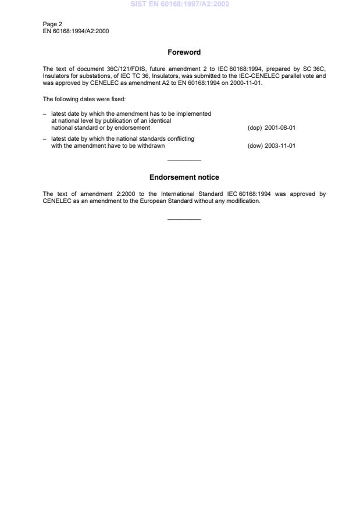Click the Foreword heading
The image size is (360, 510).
pos(184,52)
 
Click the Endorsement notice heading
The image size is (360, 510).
pos(184,177)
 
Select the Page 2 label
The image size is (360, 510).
pos(52,24)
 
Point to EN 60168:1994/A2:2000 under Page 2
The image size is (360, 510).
pos(76,31)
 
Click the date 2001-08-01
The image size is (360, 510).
pos(280,127)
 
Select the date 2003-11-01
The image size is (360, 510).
pos(280,146)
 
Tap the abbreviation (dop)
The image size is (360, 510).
pos(255,127)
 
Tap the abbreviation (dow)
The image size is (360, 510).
pos(255,146)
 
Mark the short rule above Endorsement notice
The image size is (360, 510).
pos(184,161)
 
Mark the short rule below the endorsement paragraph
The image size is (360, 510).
pos(184,219)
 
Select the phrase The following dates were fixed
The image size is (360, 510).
pos(80,99)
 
